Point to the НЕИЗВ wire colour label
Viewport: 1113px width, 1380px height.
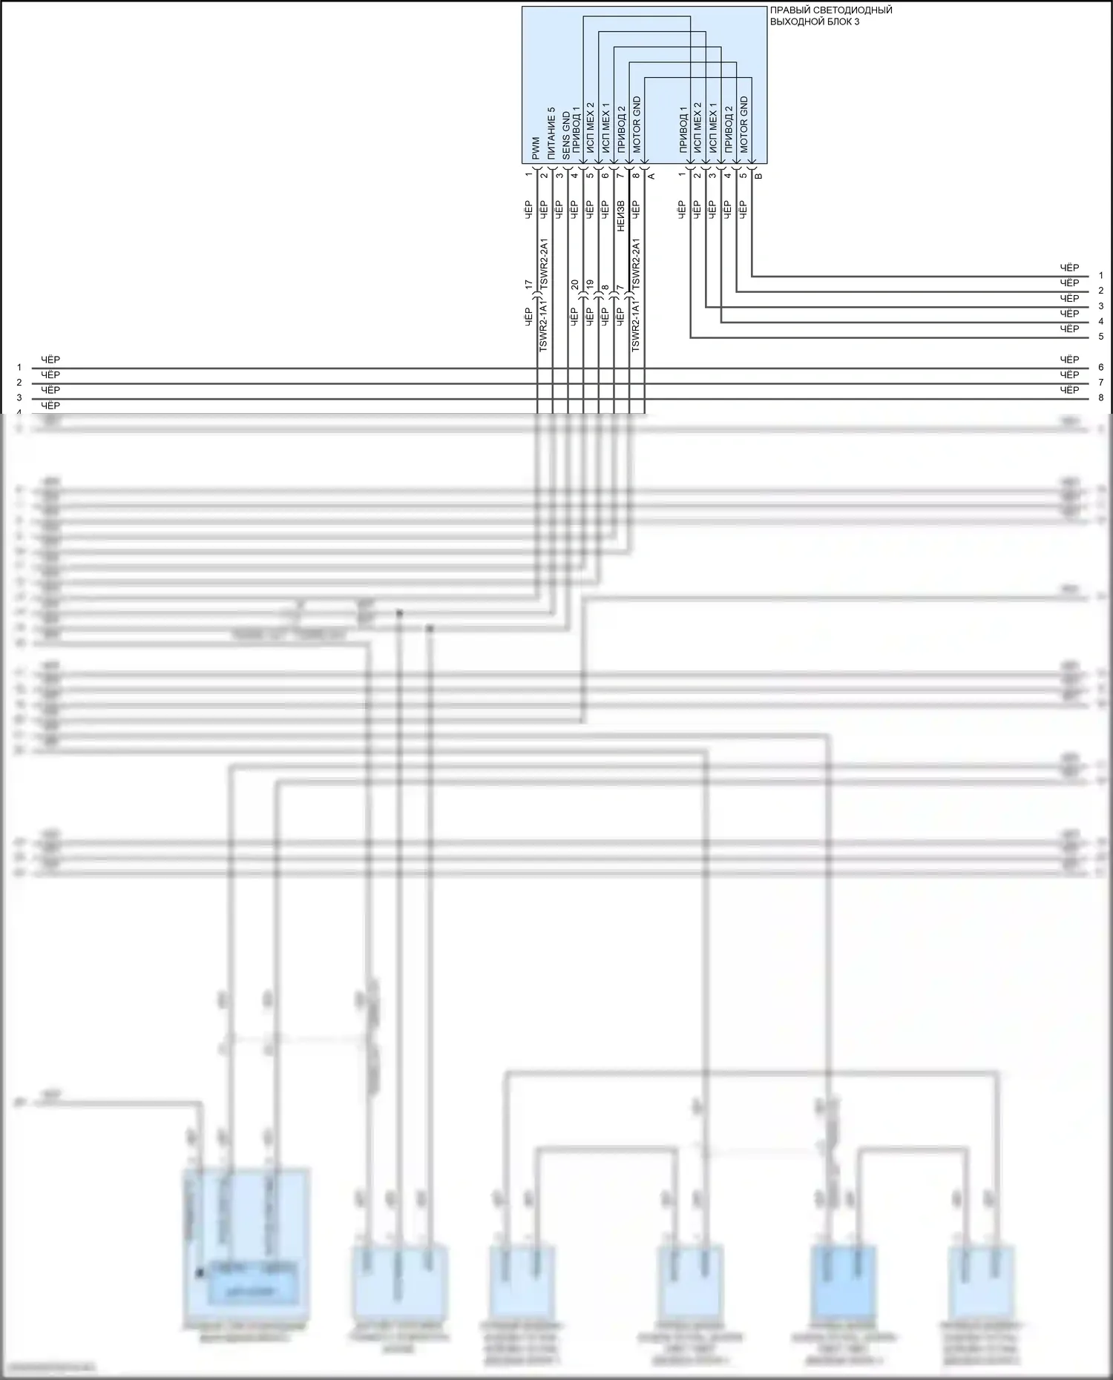coord(621,215)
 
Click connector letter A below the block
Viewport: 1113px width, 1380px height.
coord(651,176)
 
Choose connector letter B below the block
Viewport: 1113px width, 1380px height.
coord(758,176)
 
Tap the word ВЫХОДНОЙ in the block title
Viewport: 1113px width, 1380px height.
coord(795,22)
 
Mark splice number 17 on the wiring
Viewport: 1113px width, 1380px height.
coord(528,284)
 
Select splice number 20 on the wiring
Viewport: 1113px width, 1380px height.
coord(574,284)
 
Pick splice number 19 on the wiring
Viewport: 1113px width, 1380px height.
coord(590,284)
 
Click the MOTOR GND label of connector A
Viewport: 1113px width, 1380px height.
coord(637,125)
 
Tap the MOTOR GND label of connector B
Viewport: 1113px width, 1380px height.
coord(743,125)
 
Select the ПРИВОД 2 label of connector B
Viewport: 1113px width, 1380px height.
coord(728,130)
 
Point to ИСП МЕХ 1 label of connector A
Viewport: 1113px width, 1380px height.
coord(605,128)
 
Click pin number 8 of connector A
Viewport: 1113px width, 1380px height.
coord(636,175)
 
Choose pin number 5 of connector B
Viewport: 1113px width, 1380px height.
coord(743,175)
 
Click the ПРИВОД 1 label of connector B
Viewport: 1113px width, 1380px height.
coord(683,130)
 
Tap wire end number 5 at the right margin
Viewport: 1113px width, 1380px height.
coord(1101,337)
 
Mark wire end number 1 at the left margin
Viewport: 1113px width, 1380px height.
coord(19,367)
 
